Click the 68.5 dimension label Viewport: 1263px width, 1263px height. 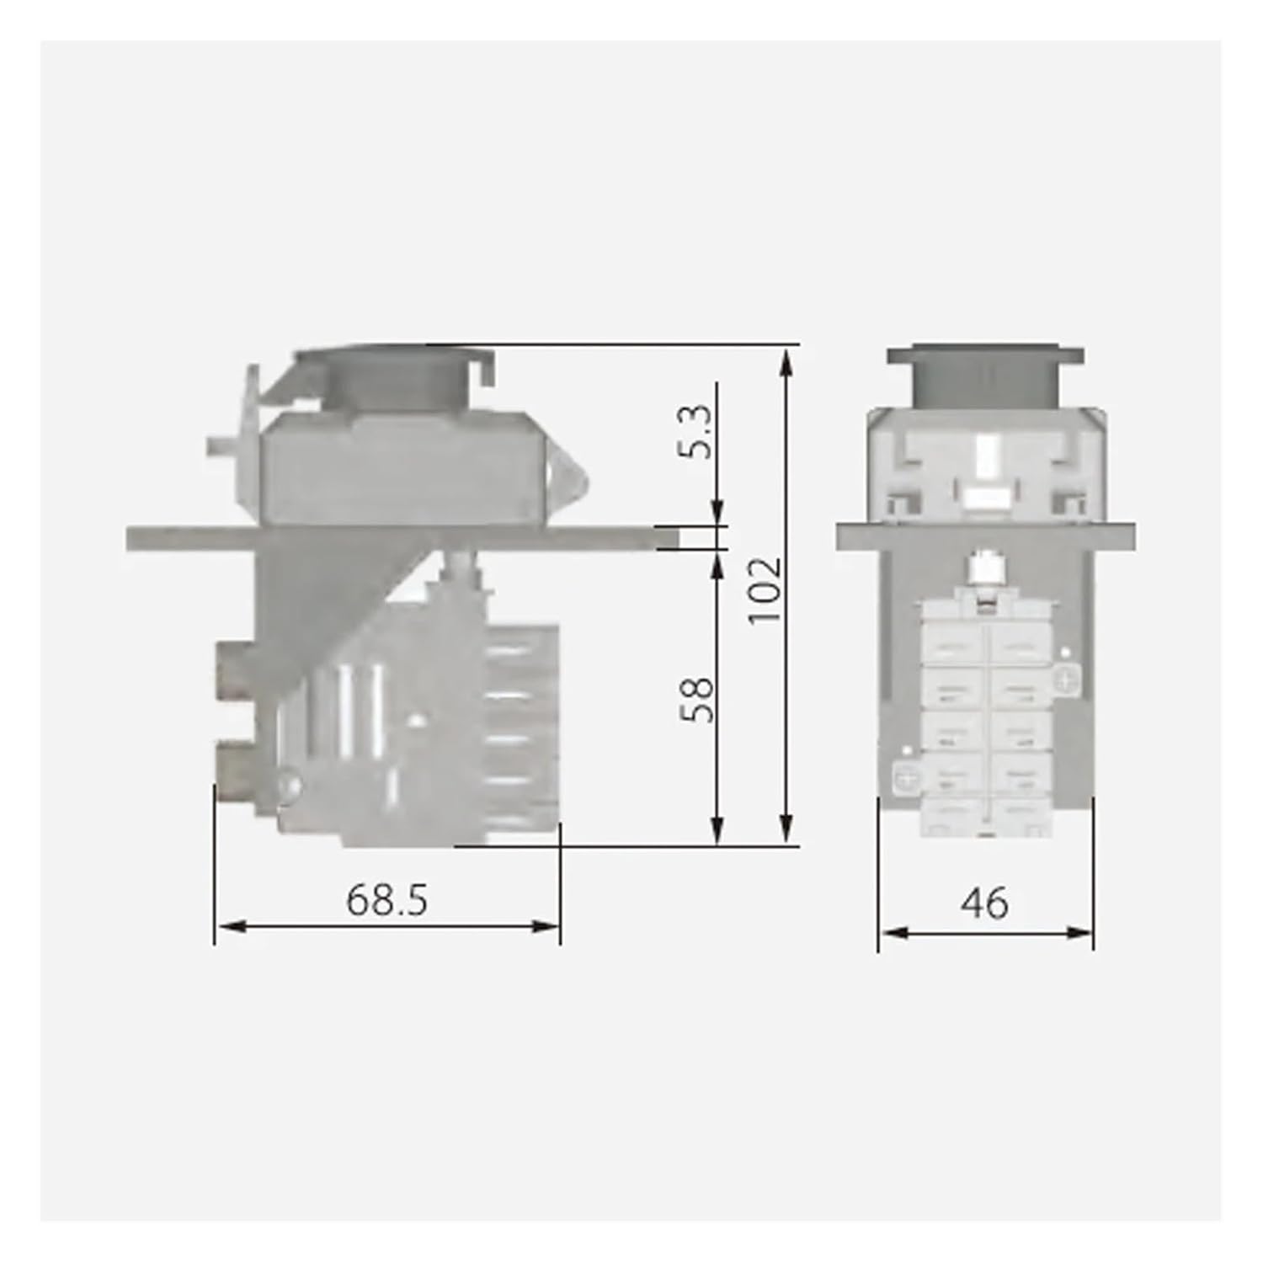(x=386, y=900)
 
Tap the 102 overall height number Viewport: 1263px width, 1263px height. (x=767, y=589)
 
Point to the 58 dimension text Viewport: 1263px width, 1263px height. (x=698, y=698)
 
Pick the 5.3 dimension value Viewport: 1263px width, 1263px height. (x=698, y=433)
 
